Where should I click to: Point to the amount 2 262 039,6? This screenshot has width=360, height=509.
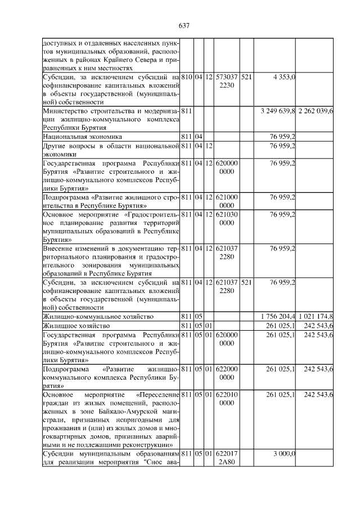(316, 111)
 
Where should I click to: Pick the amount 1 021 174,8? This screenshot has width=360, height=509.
(316, 317)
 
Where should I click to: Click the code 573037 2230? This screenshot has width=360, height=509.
(227, 81)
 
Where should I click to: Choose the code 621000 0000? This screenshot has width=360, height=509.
(227, 202)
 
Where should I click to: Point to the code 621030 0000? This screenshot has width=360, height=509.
(227, 219)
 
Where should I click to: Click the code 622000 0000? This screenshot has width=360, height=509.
(227, 373)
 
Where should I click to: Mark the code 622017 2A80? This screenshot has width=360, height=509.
(227, 458)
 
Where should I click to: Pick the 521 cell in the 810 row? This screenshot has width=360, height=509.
(247, 76)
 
